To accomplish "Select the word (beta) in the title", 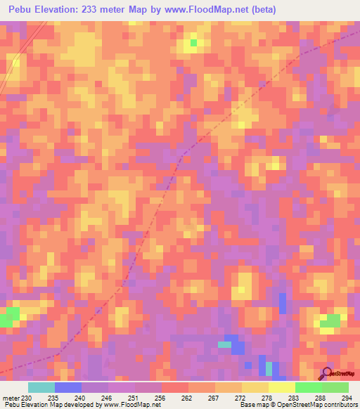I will [261, 10].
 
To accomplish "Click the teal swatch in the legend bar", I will [41, 387].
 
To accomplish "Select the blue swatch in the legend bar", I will [68, 387].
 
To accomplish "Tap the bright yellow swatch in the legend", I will [282, 387].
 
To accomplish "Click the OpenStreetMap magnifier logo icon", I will [326, 373].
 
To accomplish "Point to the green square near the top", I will [193, 43].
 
